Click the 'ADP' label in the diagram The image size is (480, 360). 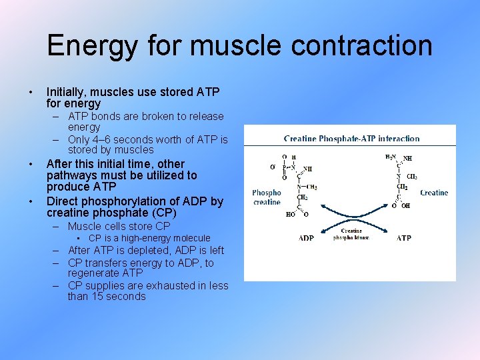tap(306, 238)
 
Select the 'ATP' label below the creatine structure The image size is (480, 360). tap(404, 238)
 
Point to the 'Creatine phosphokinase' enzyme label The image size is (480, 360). tap(351, 235)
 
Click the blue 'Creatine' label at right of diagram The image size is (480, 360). tap(434, 193)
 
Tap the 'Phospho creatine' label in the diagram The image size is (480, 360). tap(267, 197)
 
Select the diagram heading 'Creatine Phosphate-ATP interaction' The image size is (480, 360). tap(351, 139)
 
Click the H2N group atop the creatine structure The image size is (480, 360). tap(390, 157)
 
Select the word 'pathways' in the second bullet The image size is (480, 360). tap(69, 175)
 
